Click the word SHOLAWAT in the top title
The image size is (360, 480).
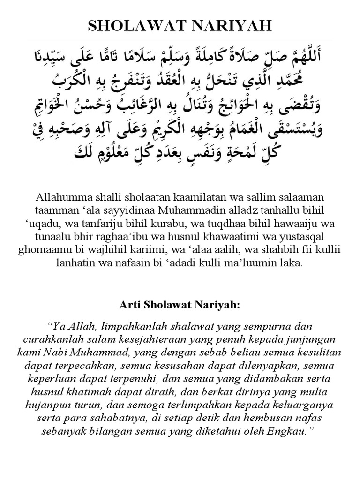134,26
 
